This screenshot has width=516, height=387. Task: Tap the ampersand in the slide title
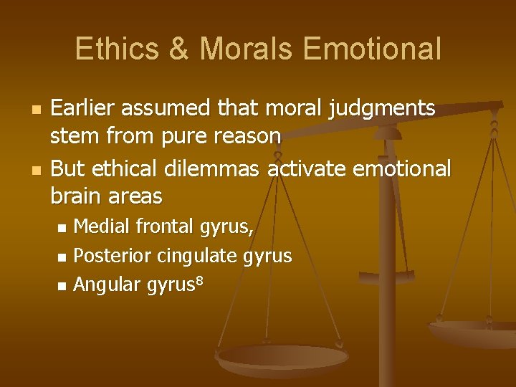tap(176, 49)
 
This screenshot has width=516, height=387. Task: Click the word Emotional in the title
tap(372, 49)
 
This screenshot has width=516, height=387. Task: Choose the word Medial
tap(102, 226)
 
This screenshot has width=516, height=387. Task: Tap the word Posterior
tap(113, 256)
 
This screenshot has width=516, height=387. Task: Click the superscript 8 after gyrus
tap(200, 279)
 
